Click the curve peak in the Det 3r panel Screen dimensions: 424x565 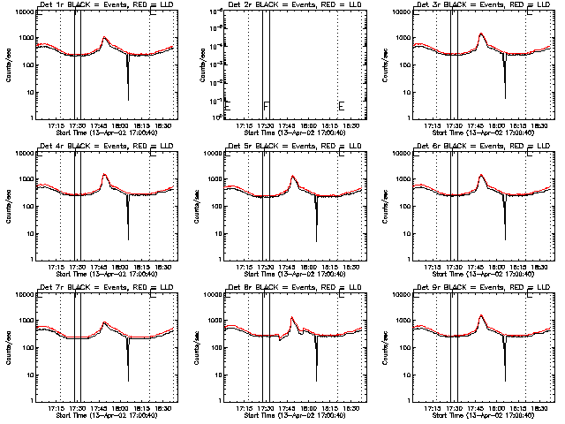481,34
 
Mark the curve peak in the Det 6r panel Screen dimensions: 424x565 481,175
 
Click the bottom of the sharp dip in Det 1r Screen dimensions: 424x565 128,99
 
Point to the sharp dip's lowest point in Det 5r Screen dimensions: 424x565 316,240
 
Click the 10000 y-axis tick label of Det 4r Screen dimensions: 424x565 20,155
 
